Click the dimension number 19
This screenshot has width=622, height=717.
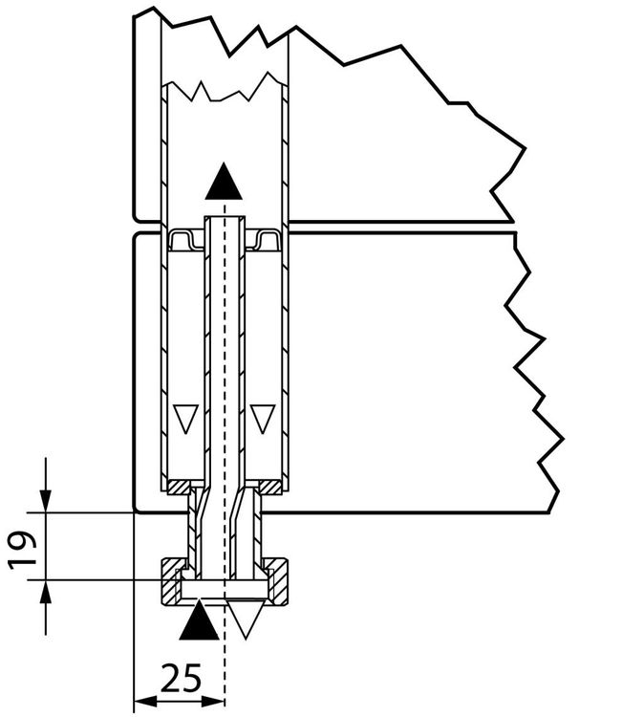pos(22,549)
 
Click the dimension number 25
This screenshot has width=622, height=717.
pos(181,678)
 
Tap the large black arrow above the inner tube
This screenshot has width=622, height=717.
pos(224,181)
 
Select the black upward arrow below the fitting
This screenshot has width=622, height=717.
pos(199,620)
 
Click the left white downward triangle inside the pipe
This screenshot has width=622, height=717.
pos(185,419)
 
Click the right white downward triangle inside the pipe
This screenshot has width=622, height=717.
pos(263,419)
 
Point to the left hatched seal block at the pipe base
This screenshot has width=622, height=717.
pos(180,488)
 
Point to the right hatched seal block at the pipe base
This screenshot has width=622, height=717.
pos(269,488)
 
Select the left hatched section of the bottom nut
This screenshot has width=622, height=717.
pos(170,580)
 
